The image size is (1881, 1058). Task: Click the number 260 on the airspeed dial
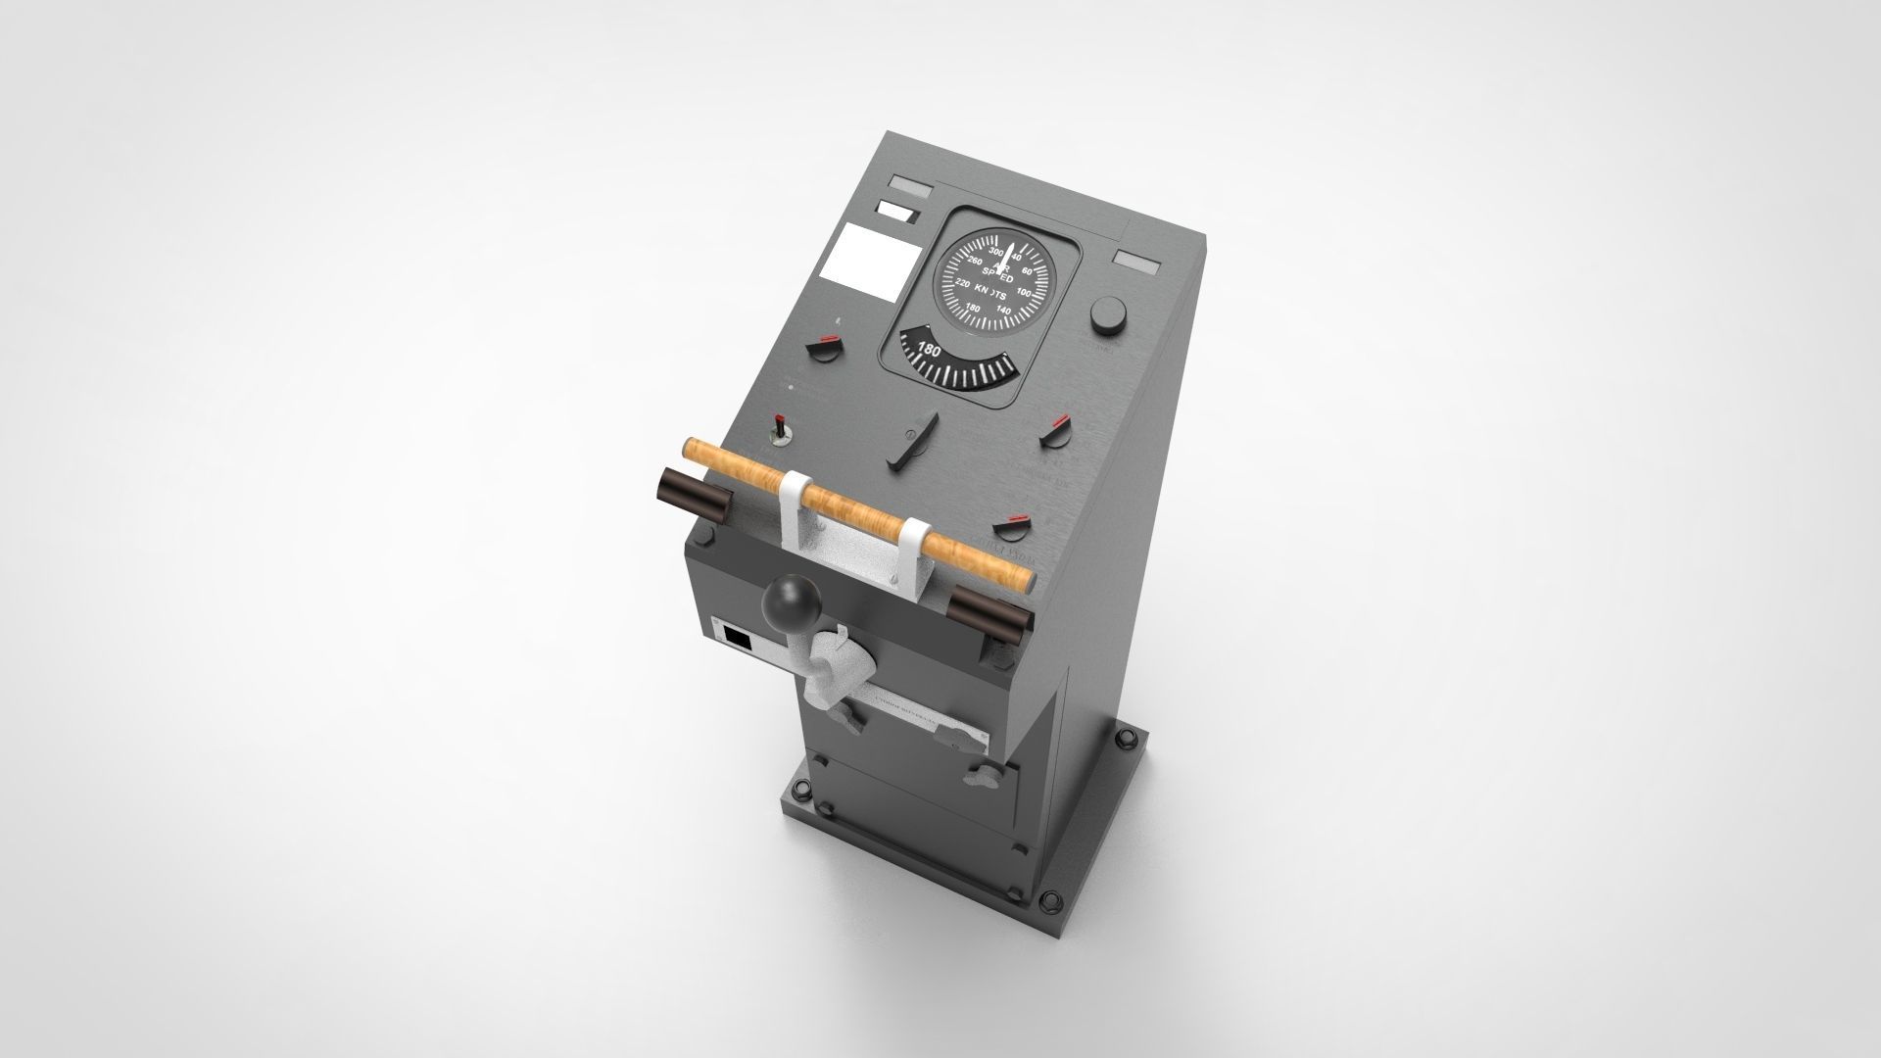(x=973, y=263)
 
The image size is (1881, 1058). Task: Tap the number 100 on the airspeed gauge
(x=1024, y=292)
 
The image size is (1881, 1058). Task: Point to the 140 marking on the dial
(x=1003, y=310)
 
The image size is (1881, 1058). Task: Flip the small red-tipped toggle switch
(x=781, y=427)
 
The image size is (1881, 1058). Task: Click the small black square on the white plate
(x=736, y=639)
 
